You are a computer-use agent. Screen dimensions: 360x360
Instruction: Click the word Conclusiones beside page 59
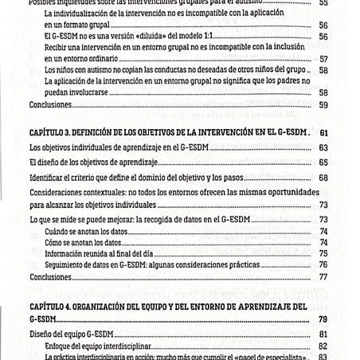(x=49, y=104)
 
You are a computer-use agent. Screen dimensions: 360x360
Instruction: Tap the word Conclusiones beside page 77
(x=49, y=277)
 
